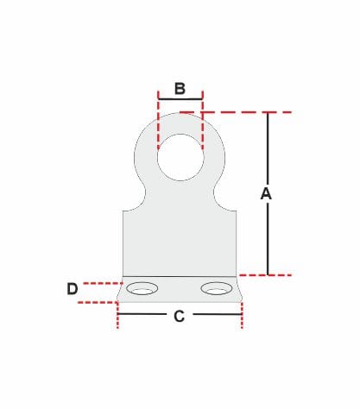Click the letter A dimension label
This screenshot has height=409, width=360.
coord(266,194)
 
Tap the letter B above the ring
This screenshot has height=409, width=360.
coord(180,88)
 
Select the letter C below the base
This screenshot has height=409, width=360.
coord(179,317)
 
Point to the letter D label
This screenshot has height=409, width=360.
coord(73,289)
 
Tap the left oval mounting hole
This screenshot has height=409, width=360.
coord(143,288)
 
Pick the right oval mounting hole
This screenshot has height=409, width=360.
coord(216,288)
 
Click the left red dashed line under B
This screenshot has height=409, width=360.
coord(158,125)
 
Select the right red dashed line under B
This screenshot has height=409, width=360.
coord(202,125)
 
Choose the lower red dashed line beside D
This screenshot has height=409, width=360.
coord(97,302)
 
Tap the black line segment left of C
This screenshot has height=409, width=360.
coord(142,315)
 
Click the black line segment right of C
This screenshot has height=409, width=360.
coord(217,315)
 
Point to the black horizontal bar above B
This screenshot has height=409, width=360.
coord(180,97)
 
